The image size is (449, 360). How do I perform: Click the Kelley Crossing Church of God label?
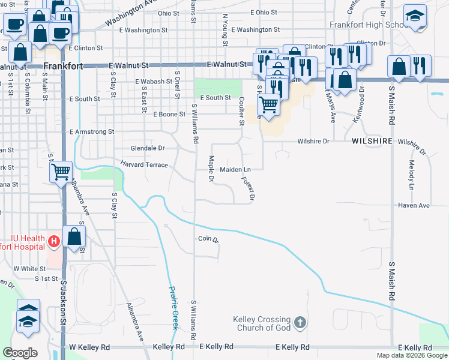coord(262,324)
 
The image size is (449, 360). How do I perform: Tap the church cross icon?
coord(300,324)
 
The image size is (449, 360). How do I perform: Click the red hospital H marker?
coord(53,242)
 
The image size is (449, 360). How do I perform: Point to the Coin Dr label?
coord(208,239)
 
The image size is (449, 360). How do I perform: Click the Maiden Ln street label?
coord(235,170)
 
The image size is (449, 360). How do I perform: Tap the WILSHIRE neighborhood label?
coord(372,141)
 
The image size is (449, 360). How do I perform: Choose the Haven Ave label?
coord(414,205)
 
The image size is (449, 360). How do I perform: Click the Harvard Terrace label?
coord(145,164)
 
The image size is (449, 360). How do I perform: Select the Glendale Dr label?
coord(148,148)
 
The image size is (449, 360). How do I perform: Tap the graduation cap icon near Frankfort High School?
coord(415,17)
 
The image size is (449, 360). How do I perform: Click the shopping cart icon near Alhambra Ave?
coord(61,172)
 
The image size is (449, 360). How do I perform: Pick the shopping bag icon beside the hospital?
coord(74,236)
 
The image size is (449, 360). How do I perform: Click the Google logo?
coord(20,353)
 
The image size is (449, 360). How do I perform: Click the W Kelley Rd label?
coord(90,347)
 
